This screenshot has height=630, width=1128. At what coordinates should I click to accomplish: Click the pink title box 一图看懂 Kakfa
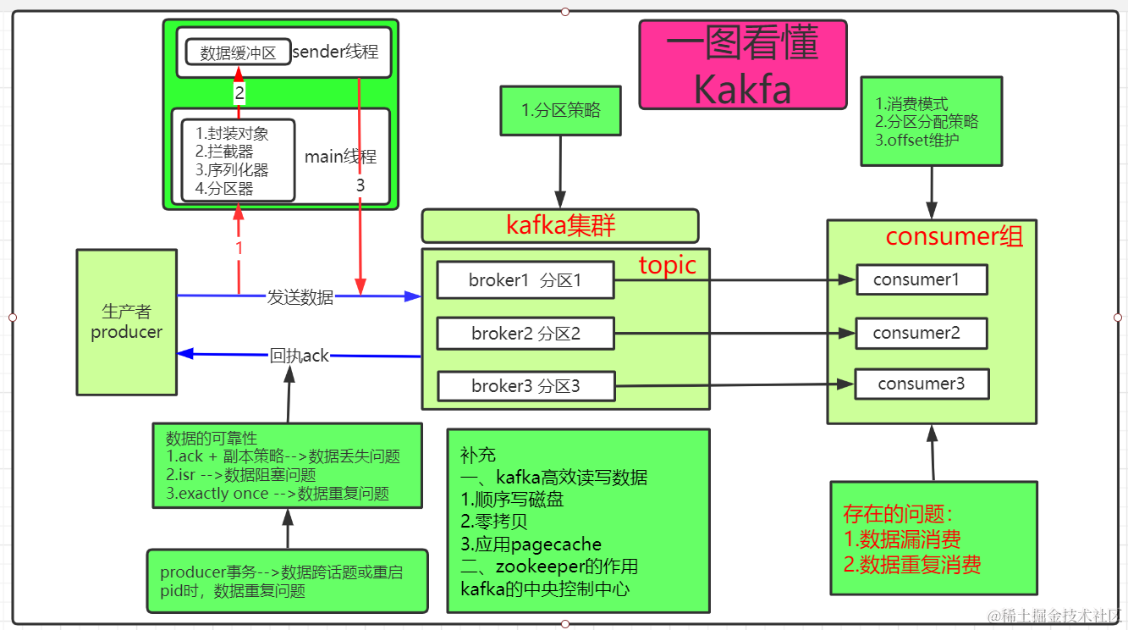tap(742, 65)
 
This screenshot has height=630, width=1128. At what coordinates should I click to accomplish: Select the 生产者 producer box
tap(126, 322)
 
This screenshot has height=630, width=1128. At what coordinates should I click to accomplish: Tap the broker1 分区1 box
tap(525, 280)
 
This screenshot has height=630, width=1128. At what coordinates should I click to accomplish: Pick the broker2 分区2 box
tap(525, 334)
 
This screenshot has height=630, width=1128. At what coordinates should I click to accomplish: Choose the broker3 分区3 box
tap(525, 386)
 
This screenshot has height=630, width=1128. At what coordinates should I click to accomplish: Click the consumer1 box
tap(921, 279)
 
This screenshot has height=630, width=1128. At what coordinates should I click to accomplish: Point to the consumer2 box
tap(921, 333)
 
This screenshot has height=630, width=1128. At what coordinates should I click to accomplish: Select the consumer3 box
tap(921, 384)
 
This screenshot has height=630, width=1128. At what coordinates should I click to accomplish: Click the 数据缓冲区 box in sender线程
tap(238, 52)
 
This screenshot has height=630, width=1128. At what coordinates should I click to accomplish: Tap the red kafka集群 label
tap(560, 225)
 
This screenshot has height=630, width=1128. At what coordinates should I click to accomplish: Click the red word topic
tap(667, 265)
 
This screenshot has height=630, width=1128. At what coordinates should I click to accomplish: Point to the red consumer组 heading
tap(954, 236)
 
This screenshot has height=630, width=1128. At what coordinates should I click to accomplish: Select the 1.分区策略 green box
tap(560, 110)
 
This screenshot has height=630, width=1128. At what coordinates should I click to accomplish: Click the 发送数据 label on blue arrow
tap(300, 297)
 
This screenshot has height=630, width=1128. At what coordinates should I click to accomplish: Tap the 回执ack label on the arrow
tap(299, 356)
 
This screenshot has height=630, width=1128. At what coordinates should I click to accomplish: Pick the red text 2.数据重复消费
tap(912, 565)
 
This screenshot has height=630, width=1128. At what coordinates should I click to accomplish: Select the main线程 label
tap(340, 157)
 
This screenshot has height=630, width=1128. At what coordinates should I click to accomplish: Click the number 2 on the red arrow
tap(239, 93)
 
